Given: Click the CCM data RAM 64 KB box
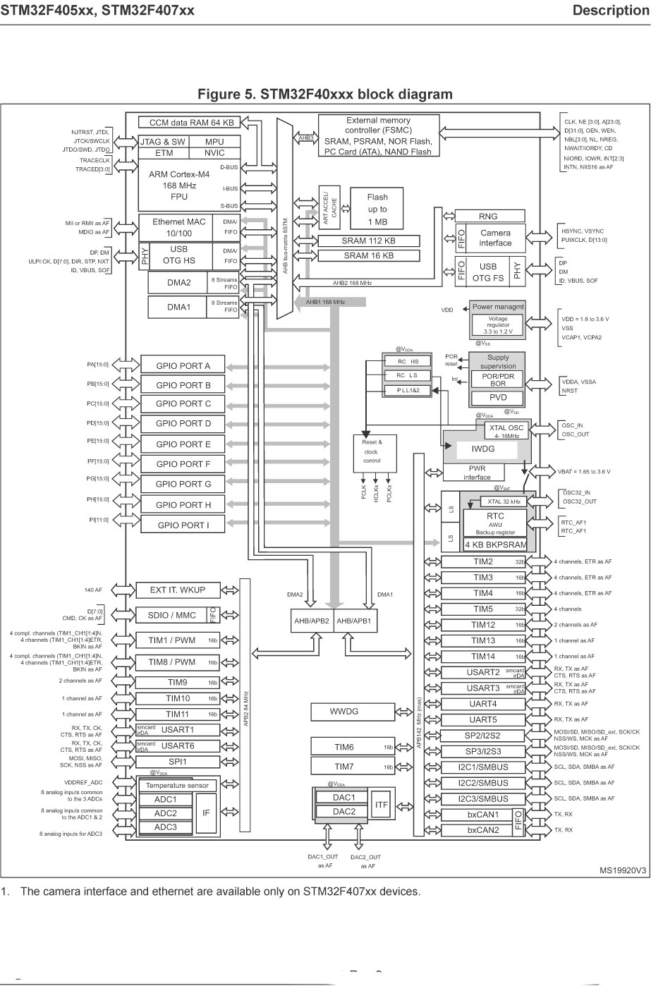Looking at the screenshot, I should [x=191, y=123].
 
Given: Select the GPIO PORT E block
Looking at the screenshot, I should [x=183, y=444].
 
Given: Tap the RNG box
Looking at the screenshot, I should [x=487, y=217].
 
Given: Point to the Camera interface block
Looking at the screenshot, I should [x=495, y=238].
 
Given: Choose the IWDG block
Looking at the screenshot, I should [x=483, y=449].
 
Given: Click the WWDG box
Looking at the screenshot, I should [x=344, y=712].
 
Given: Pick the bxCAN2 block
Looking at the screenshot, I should [x=483, y=830].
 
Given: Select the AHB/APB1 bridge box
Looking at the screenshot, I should [x=353, y=621].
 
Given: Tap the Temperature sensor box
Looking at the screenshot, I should [x=177, y=786].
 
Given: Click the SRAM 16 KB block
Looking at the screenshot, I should [x=368, y=255].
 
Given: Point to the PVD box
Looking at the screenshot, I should [x=498, y=398].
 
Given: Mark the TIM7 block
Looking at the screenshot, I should [x=344, y=767].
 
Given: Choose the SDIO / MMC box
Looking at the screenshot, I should [x=172, y=615].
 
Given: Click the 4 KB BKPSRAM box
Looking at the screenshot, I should [x=495, y=544].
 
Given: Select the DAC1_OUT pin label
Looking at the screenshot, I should [x=323, y=857].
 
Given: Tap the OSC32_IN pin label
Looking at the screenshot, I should [x=576, y=493].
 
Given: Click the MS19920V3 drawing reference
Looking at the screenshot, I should [x=623, y=870].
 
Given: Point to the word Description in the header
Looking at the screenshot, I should [x=611, y=10].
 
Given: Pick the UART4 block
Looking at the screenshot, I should [x=483, y=704].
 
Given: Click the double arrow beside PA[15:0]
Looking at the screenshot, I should [x=126, y=365].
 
